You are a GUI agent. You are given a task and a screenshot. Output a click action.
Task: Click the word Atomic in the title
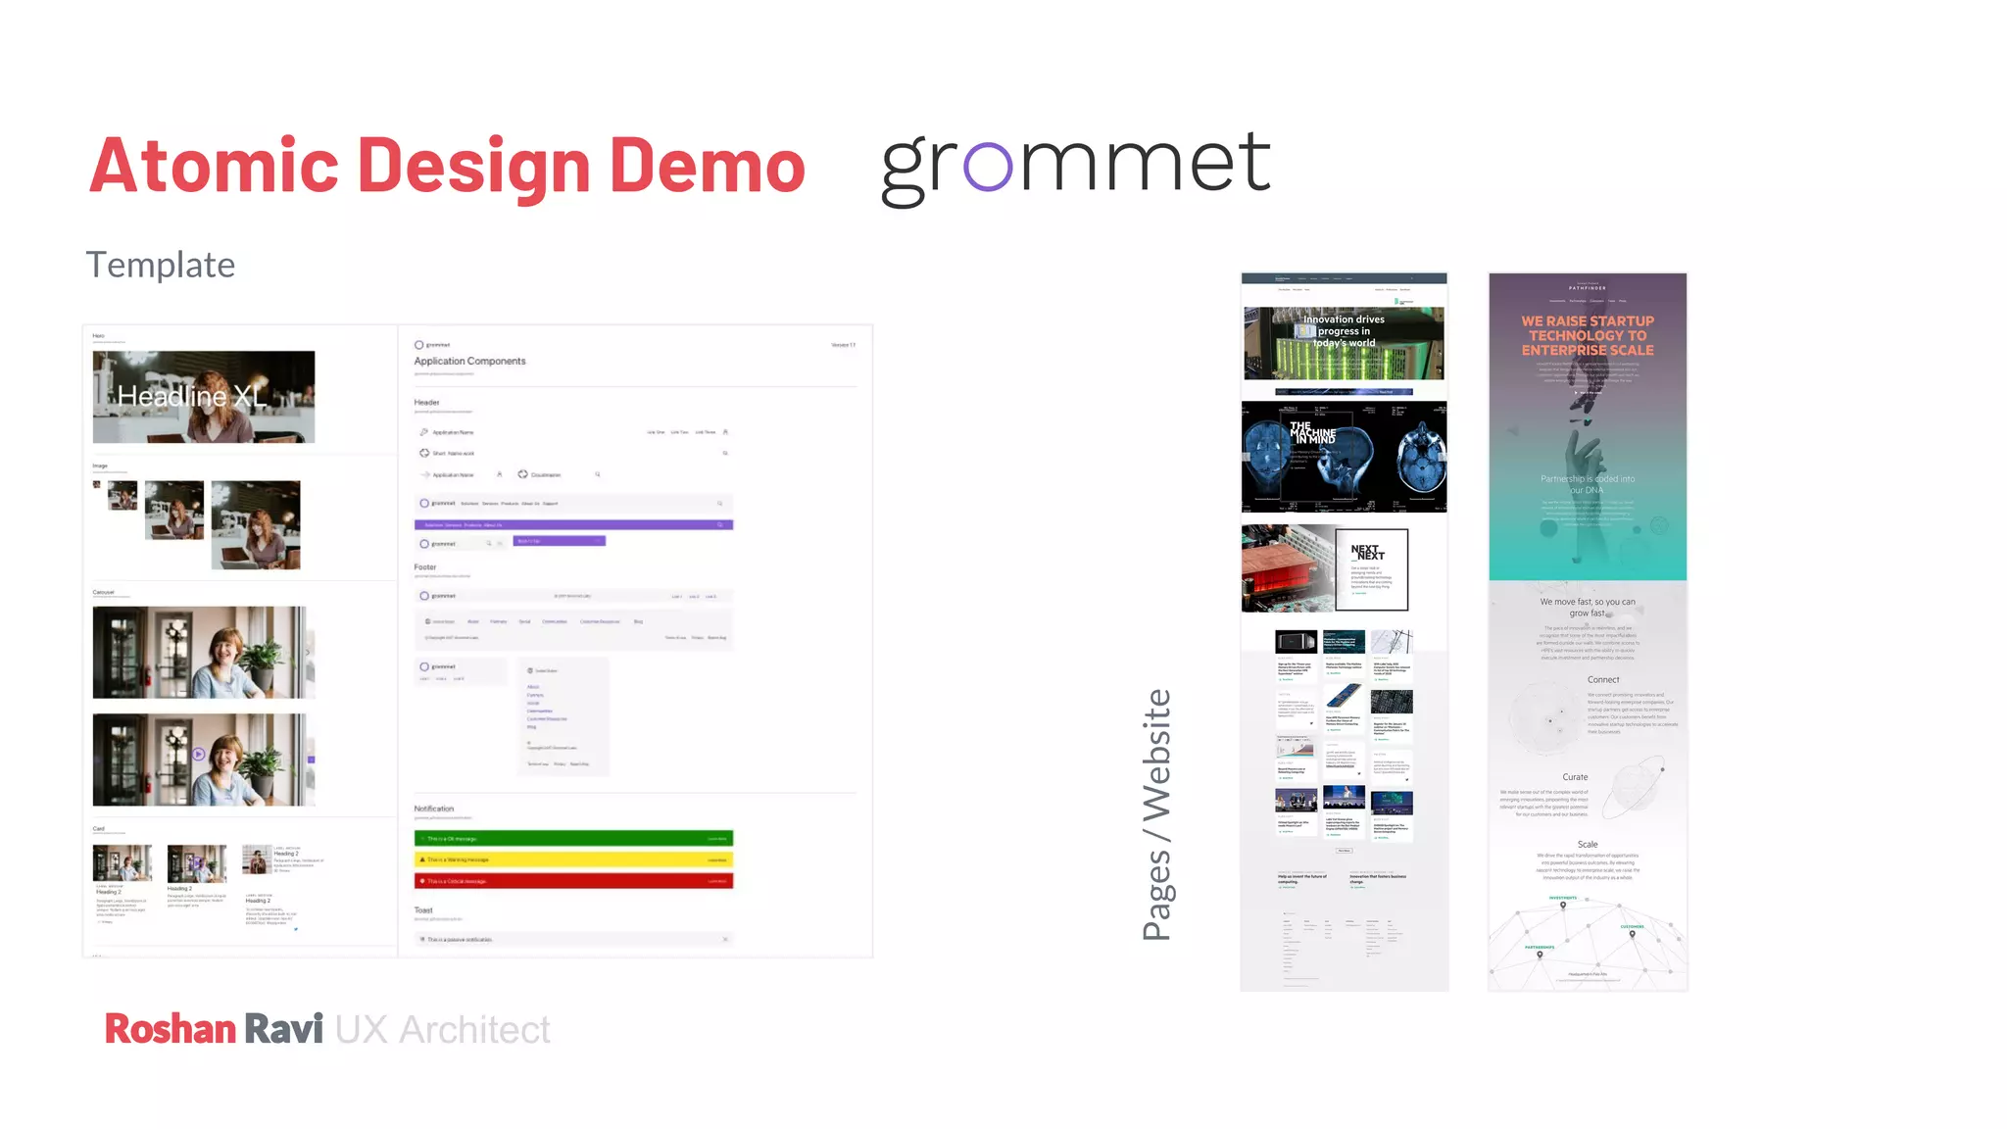[214, 166]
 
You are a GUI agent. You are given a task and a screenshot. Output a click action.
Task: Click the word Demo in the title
[707, 166]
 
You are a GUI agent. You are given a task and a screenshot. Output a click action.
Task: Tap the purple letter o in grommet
[987, 166]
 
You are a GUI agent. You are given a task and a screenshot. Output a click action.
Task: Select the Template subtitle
[161, 265]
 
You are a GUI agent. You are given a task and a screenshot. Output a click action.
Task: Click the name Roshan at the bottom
[171, 1029]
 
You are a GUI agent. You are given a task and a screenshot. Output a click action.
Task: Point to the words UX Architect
[442, 1030]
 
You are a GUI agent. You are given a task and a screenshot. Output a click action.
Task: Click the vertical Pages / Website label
[1157, 814]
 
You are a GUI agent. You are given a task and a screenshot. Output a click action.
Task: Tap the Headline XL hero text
[191, 396]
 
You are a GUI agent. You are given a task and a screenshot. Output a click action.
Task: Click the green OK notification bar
[573, 838]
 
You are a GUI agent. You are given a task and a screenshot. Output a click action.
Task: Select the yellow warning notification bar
[573, 859]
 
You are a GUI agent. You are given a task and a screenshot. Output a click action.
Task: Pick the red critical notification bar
[573, 881]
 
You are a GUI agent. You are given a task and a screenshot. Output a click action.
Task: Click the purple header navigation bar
[573, 525]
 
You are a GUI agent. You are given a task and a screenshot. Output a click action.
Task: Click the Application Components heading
[469, 362]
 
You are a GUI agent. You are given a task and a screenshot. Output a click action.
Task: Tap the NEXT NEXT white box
[1371, 569]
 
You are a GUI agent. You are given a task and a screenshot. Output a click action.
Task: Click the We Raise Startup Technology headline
[1588, 335]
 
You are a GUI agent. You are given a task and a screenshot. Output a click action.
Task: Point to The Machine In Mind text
[1312, 433]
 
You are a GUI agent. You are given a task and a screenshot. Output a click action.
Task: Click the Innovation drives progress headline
[1344, 331]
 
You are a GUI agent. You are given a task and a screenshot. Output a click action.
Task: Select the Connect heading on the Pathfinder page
[1603, 680]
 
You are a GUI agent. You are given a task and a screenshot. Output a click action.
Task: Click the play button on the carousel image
[199, 754]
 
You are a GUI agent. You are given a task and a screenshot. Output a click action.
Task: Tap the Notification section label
[434, 810]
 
